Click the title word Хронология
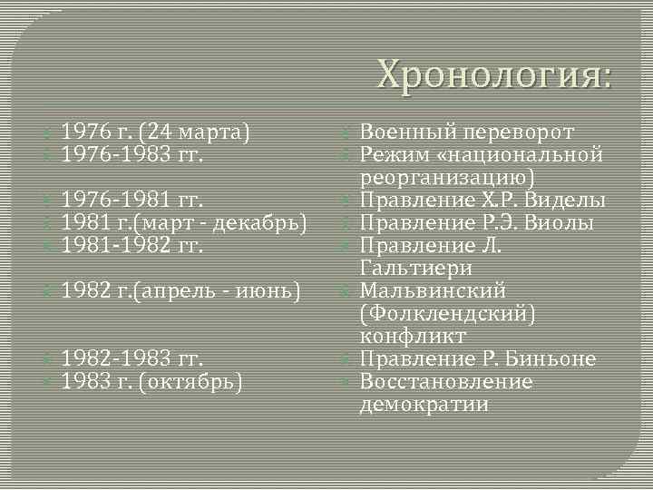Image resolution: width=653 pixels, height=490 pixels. [x=494, y=73]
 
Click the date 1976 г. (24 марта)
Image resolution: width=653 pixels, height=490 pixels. [x=155, y=132]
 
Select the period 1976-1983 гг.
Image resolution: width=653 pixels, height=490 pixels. [x=132, y=154]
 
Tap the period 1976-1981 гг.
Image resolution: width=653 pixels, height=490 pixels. [x=132, y=200]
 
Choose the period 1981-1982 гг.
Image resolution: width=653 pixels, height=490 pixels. [x=132, y=245]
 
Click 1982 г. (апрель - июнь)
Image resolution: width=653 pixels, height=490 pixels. [x=180, y=291]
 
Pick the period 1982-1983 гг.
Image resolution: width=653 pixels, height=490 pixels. [x=132, y=358]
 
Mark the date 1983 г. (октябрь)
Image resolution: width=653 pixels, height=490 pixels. [x=151, y=381]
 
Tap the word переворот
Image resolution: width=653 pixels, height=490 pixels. [x=528, y=132]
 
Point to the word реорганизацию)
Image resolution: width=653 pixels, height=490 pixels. [x=448, y=177]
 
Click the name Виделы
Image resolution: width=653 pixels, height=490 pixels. [x=568, y=200]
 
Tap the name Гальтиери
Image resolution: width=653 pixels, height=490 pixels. [x=415, y=268]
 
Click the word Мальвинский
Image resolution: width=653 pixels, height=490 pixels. [x=433, y=290]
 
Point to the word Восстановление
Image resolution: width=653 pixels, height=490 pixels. [x=446, y=381]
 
